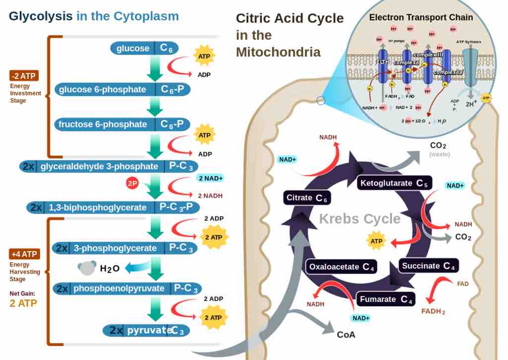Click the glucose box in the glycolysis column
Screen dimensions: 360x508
(144, 48)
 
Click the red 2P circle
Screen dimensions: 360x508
(132, 183)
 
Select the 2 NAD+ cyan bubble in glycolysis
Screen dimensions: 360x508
(210, 178)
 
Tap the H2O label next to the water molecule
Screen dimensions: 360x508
(110, 269)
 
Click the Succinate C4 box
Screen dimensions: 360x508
(428, 266)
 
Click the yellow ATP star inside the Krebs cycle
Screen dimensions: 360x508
(376, 241)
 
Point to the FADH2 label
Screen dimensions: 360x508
(433, 311)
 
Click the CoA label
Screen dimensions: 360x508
(346, 334)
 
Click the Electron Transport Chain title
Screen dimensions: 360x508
(421, 17)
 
